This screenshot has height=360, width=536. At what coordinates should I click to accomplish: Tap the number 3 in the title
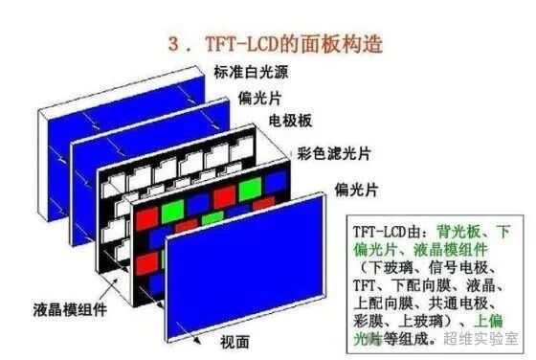173,45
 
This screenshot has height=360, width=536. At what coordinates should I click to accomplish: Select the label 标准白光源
251,72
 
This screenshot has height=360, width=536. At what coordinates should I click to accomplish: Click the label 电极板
290,121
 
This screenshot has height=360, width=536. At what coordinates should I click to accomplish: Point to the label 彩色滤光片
334,153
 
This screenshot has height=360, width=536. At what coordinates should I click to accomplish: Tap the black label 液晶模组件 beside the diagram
70,310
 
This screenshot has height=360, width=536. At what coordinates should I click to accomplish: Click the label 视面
234,342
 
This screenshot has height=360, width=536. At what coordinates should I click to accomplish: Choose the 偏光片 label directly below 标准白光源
259,98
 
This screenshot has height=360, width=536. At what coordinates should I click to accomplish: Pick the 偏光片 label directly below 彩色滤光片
356,190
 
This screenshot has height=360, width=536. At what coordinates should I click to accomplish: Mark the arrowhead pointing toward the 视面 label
196,340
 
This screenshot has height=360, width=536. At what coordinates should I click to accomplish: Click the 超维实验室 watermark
480,339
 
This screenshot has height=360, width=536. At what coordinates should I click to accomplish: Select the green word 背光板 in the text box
458,232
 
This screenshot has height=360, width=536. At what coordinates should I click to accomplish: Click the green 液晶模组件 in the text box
451,250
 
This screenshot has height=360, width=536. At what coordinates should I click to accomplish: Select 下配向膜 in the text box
420,285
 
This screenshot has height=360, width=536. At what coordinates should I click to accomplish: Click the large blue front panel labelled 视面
244,267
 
